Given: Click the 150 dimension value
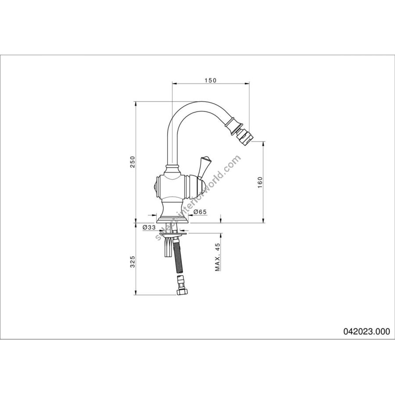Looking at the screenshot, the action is pos(210,80).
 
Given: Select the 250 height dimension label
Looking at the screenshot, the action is pos(133,162).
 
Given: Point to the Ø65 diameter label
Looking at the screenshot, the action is pos(200,212).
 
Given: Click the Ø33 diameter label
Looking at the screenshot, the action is pos(149,227).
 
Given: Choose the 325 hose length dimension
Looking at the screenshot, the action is pos(133,262).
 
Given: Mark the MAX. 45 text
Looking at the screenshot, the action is pos(218,257).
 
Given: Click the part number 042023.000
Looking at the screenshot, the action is pos(366,331).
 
